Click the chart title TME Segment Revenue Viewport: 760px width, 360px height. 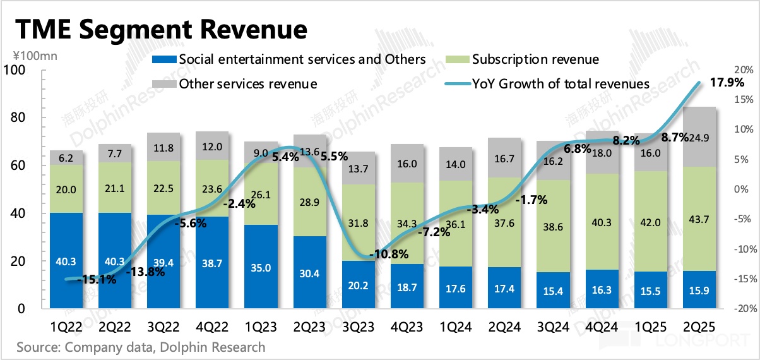tap(162, 30)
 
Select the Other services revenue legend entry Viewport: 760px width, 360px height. tap(248, 84)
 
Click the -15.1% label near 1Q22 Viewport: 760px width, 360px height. tap(98, 279)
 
